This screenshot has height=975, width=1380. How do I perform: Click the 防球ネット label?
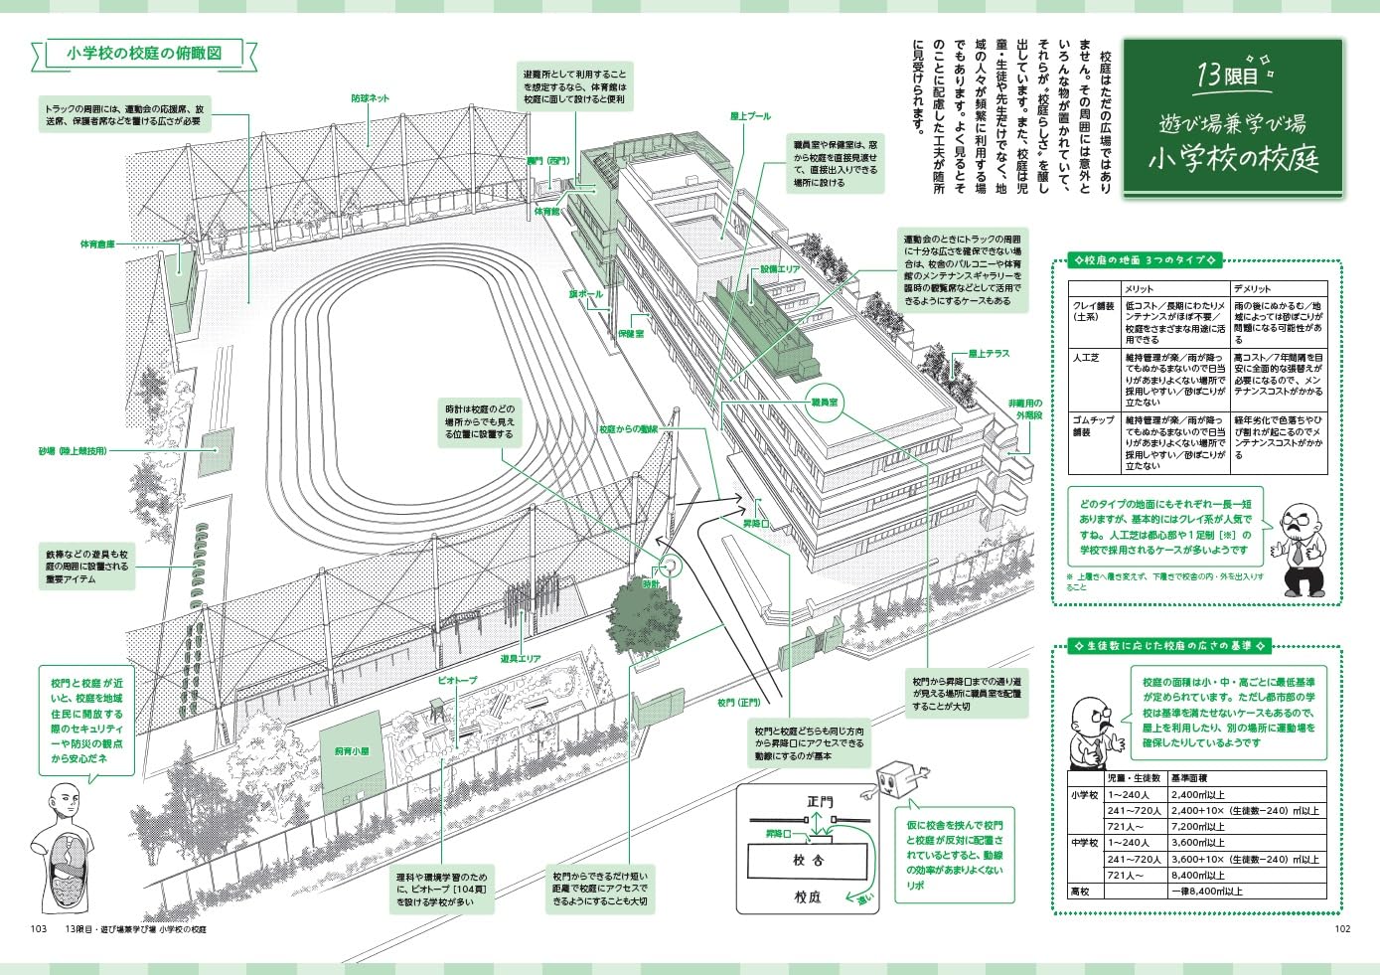tap(370, 98)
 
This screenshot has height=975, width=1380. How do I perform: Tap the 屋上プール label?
tap(750, 116)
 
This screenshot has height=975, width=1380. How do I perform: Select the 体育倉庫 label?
tap(97, 244)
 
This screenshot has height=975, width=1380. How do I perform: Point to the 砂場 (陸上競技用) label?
tap(73, 451)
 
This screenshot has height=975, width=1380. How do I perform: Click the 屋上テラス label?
tap(989, 353)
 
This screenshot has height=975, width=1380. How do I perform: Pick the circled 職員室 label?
tap(824, 403)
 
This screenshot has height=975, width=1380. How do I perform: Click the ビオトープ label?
tap(457, 681)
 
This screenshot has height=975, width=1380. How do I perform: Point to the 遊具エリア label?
tap(521, 658)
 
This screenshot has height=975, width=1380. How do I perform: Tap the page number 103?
tap(39, 929)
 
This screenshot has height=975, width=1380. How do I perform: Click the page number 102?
tap(1342, 929)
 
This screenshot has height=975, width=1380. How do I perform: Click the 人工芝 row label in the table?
tap(1086, 357)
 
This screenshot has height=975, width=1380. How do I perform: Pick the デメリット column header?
tap(1252, 288)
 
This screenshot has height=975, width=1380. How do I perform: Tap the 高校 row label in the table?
tap(1080, 892)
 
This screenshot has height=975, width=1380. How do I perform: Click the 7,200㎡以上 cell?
tap(1198, 827)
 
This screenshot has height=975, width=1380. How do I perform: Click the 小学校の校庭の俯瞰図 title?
tap(144, 53)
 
